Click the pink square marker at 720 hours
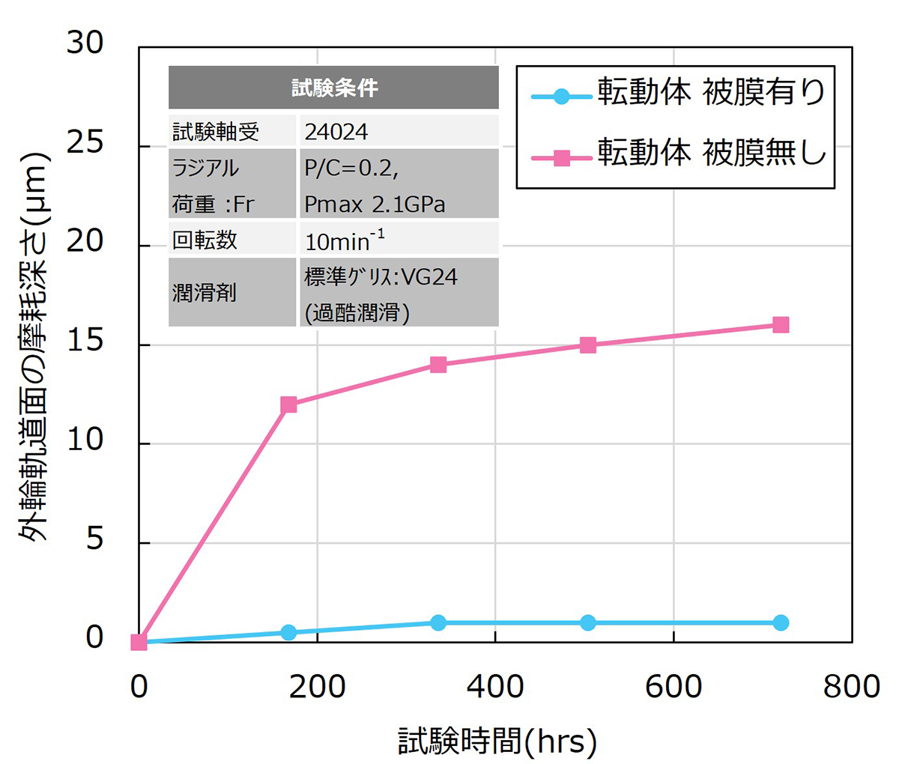781,325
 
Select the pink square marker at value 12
288,404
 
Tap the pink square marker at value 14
438,365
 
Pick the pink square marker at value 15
588,345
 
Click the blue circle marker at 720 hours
781,622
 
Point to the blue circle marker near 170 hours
288,632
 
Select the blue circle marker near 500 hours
588,622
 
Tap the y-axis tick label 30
85,43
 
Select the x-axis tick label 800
851,686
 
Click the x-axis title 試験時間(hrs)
497,741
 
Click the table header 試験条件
334,88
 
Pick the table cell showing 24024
336,133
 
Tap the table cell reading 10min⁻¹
345,240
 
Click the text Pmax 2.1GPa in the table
375,204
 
